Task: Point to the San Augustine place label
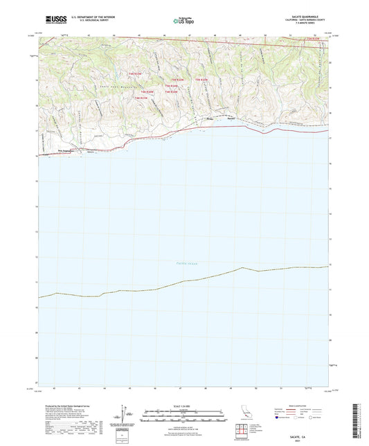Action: tap(66, 150)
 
